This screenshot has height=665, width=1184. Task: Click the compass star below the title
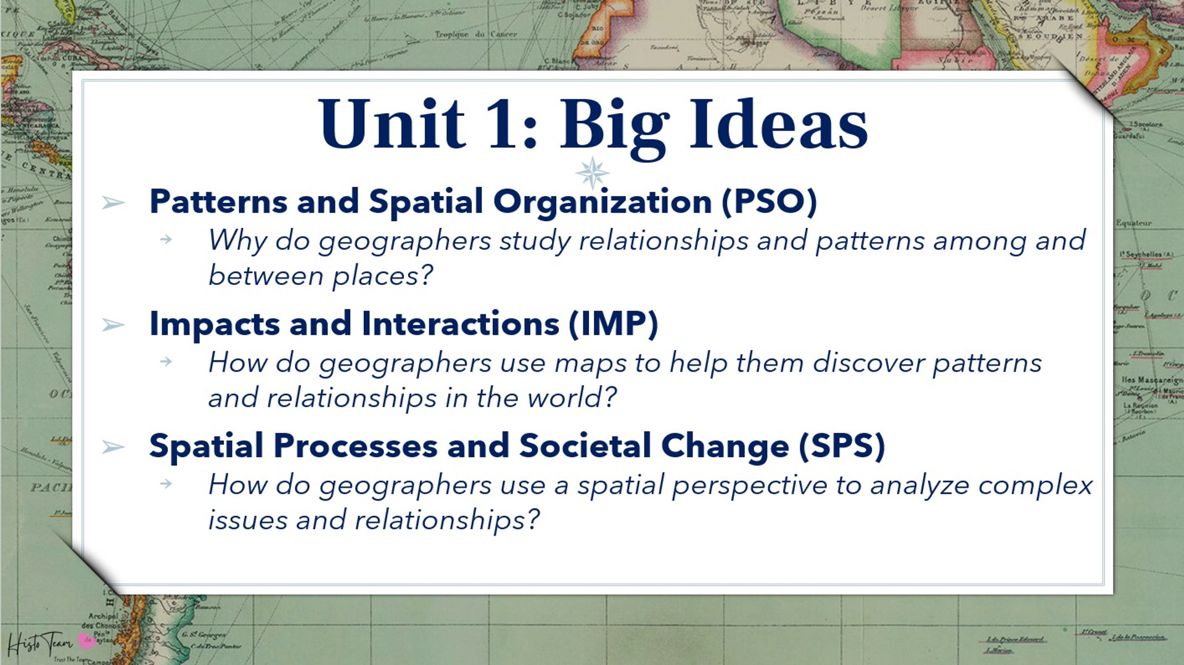[593, 173]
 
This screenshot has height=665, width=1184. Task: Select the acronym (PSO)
[769, 202]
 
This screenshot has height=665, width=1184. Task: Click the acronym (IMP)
[613, 324]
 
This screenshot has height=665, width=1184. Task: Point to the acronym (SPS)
[842, 446]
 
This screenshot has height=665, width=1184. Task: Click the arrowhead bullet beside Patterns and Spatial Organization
[113, 202]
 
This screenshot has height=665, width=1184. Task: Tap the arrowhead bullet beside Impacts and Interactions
[113, 324]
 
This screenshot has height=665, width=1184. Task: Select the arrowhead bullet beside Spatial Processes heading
[113, 446]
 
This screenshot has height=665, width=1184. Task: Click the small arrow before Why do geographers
[166, 239]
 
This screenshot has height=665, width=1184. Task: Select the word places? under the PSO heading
[382, 276]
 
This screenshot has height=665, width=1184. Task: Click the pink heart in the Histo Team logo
[87, 641]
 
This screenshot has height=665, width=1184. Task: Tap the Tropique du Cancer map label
[475, 35]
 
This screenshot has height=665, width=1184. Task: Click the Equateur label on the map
[1133, 223]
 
